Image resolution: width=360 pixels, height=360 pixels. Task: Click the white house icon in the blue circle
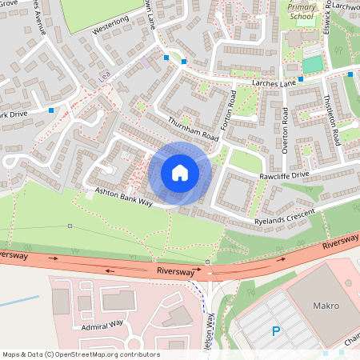pos(180,173)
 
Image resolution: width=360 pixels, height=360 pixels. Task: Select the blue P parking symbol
pos(276,330)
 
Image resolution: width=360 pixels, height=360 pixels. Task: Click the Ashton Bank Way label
pos(123,198)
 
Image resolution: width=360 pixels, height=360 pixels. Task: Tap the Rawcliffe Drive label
pos(282,175)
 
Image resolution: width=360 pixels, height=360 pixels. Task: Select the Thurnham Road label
pos(194,128)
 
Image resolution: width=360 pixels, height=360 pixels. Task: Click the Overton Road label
pos(284,128)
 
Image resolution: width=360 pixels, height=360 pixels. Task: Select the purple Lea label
pos(104,77)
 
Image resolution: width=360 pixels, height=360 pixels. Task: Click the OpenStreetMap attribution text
pos(80,354)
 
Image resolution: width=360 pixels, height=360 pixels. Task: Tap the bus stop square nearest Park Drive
pos(52,110)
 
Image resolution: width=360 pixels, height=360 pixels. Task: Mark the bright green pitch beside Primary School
pos(313,63)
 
